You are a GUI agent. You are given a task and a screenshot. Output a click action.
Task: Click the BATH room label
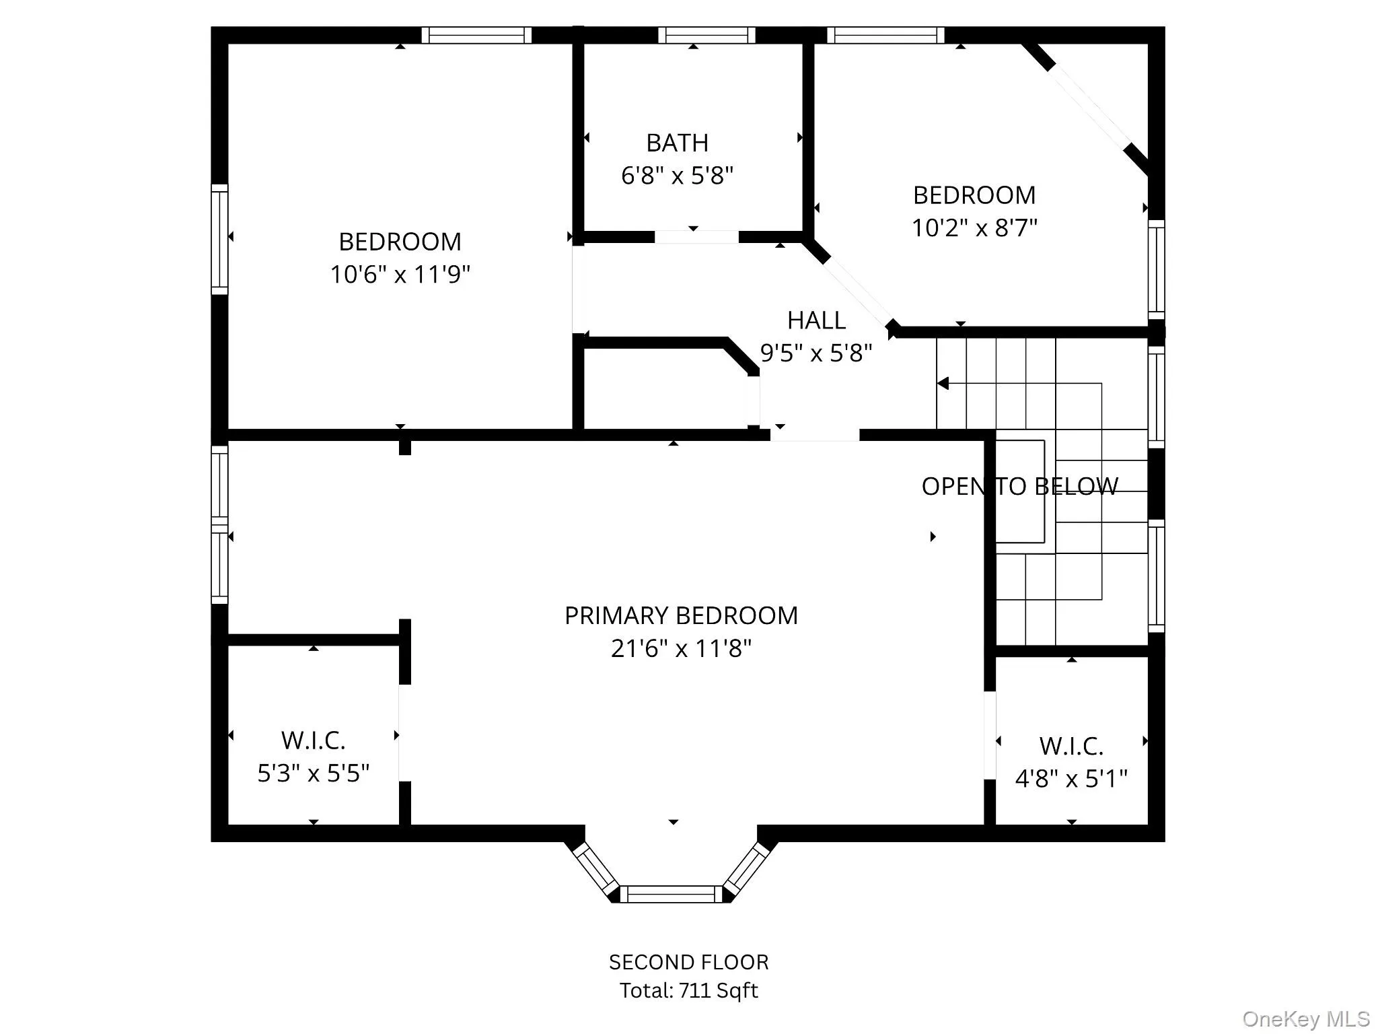677,143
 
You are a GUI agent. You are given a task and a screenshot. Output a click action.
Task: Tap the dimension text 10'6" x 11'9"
400,275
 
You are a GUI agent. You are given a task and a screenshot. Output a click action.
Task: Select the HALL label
816,320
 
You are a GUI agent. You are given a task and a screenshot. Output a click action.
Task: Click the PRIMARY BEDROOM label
681,615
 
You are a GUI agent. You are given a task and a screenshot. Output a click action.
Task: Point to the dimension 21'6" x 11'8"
681,648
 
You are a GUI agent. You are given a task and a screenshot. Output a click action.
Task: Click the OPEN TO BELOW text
1019,486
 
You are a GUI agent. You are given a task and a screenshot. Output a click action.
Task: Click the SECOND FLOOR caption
688,962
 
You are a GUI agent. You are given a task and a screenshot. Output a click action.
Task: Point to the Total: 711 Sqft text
688,990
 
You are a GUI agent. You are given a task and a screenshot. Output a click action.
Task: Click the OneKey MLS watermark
1306,1019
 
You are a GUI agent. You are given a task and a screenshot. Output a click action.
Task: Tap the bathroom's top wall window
706,35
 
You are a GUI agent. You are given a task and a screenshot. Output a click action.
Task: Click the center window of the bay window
670,894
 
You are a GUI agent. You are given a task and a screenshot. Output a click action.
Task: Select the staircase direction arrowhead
943,383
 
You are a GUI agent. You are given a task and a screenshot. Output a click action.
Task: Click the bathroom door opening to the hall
696,237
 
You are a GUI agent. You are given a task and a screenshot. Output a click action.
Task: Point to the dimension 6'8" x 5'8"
677,176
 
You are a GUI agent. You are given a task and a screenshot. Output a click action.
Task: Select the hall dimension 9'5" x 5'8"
816,353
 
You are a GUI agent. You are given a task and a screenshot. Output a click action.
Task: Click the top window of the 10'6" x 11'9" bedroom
476,35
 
